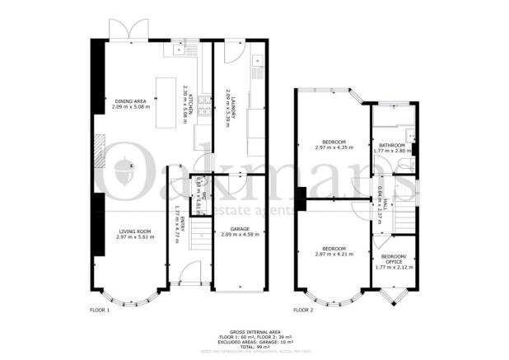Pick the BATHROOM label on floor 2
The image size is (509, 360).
click(x=390, y=145)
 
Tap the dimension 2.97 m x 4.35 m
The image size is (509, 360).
click(x=334, y=148)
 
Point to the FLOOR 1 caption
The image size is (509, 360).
click(x=99, y=311)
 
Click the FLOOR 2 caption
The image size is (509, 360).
click(x=303, y=311)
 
